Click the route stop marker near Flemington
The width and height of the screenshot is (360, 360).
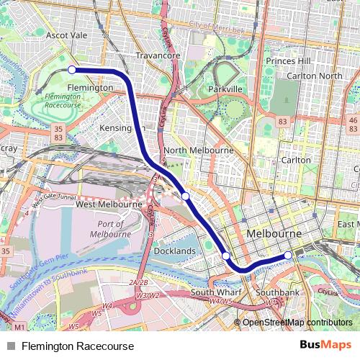pyautogui.click(x=72, y=70)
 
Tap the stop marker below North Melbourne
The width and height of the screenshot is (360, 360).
pyautogui.click(x=186, y=196)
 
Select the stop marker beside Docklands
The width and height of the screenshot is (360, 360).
pyautogui.click(x=226, y=256)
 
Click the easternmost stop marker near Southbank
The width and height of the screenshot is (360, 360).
pyautogui.click(x=288, y=255)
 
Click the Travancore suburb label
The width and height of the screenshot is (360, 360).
pyautogui.click(x=159, y=55)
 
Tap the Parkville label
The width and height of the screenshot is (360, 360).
pyautogui.click(x=224, y=89)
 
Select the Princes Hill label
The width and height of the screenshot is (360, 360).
pyautogui.click(x=287, y=61)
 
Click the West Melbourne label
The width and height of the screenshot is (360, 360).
pyautogui.click(x=109, y=204)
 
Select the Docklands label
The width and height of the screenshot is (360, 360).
pyautogui.click(x=174, y=251)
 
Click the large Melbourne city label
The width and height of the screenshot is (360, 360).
pyautogui.click(x=274, y=235)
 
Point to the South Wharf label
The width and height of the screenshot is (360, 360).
pyautogui.click(x=215, y=293)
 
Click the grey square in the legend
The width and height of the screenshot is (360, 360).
pyautogui.click(x=10, y=346)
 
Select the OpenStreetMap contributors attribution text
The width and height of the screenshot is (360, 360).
pyautogui.click(x=297, y=323)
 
